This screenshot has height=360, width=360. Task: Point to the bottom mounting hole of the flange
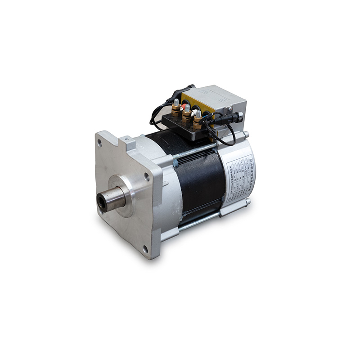click(145, 248)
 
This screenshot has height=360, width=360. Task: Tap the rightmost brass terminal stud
click(197, 118)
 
